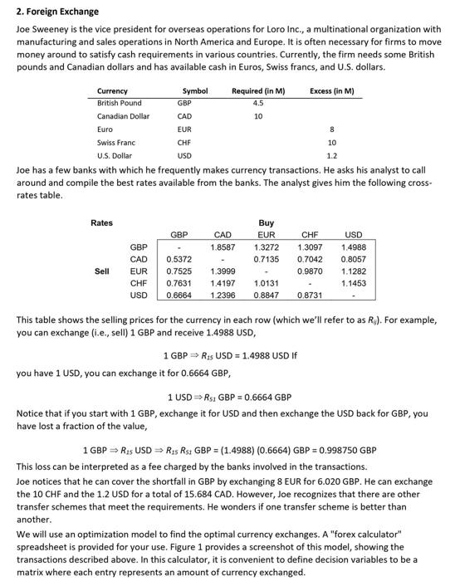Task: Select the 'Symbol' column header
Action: coord(195,90)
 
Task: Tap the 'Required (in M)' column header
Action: coord(258,90)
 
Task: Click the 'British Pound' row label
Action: coord(120,103)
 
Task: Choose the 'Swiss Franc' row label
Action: coord(116,143)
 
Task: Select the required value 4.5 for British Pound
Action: coord(257,103)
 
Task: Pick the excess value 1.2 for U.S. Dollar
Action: coord(332,156)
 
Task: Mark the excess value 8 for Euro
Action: coord(332,129)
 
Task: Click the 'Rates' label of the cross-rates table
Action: coord(102,222)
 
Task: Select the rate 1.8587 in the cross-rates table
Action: coord(223,247)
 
